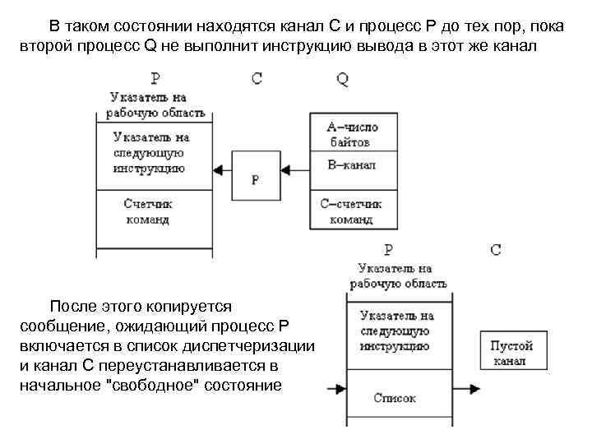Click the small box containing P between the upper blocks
click(x=255, y=175)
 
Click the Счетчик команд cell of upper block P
click(x=155, y=211)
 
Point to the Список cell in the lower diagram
click(x=394, y=398)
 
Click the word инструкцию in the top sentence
click(x=332, y=45)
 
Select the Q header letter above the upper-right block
click(x=342, y=79)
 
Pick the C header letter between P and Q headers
click(x=257, y=79)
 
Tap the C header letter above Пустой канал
click(x=496, y=250)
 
